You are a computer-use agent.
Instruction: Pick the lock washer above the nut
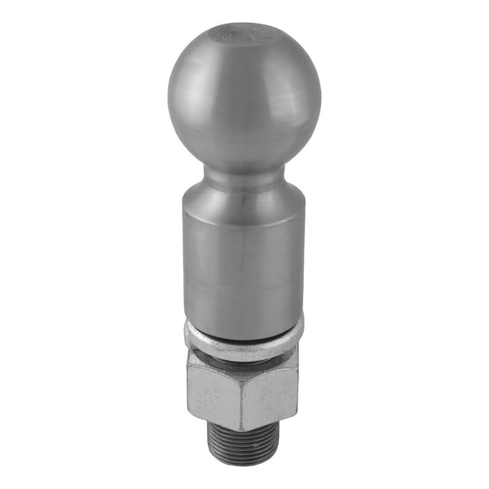point(244,340)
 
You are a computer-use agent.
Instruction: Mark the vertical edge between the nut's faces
point(243,395)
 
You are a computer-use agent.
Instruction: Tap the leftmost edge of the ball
point(168,98)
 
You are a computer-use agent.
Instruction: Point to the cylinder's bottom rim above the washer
point(244,318)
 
